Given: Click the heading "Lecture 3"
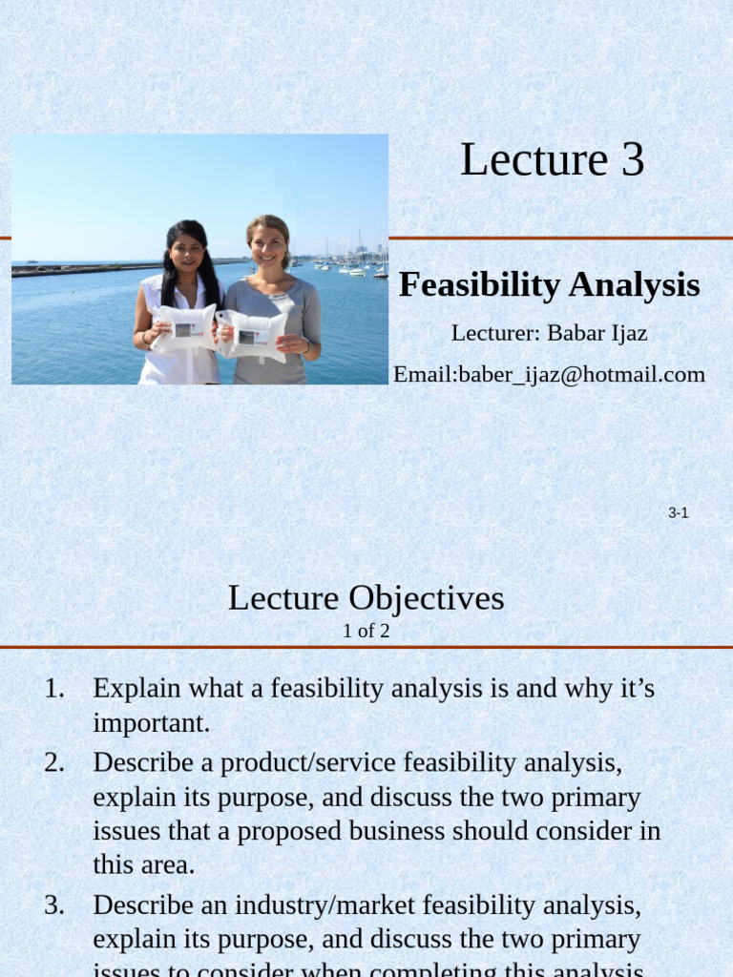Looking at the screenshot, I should pyautogui.click(x=552, y=160).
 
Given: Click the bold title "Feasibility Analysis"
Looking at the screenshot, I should pyautogui.click(x=549, y=285).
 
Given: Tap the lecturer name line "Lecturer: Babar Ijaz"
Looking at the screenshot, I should pyautogui.click(x=549, y=333).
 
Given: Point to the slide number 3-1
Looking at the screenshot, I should pyautogui.click(x=678, y=513).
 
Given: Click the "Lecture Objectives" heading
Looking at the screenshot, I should pyautogui.click(x=366, y=598).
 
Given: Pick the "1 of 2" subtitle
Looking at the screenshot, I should pyautogui.click(x=366, y=631).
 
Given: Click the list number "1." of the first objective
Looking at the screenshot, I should pyautogui.click(x=54, y=688).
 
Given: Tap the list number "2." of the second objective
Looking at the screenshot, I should pyautogui.click(x=54, y=762).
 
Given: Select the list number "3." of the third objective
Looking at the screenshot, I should pyautogui.click(x=54, y=904).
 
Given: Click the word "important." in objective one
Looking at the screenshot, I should pyautogui.click(x=151, y=723).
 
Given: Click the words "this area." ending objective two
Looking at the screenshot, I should pyautogui.click(x=143, y=865).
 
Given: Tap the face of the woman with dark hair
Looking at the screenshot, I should pyautogui.click(x=186, y=252).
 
